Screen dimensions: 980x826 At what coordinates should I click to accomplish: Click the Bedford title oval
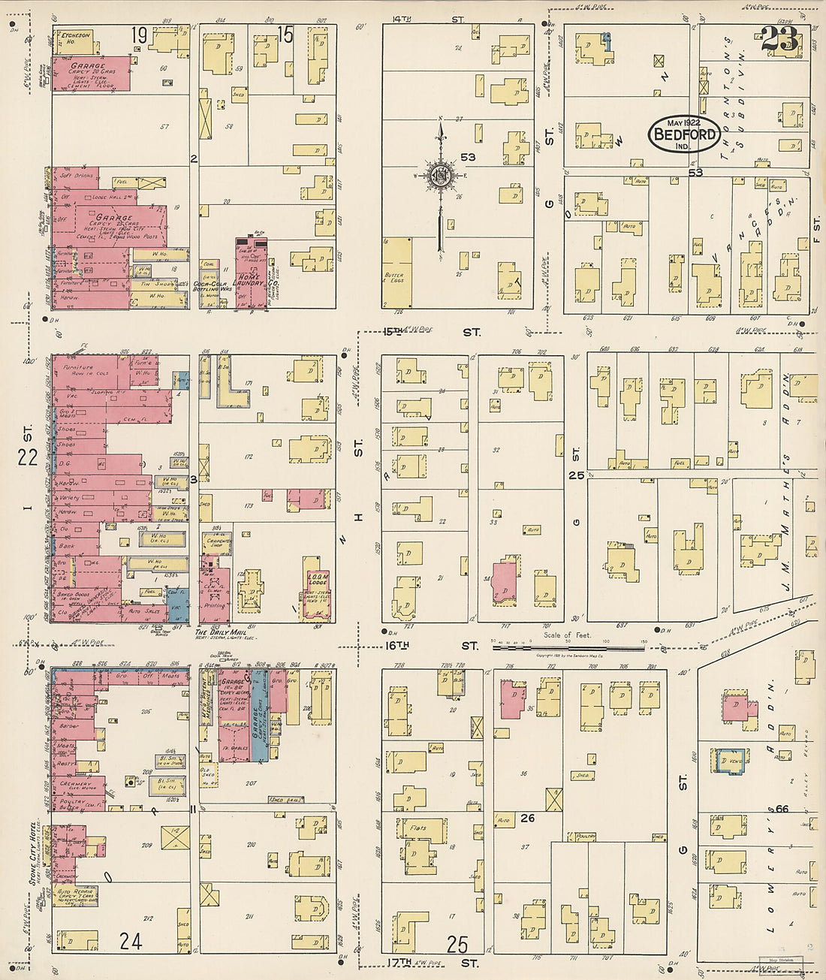[684, 134]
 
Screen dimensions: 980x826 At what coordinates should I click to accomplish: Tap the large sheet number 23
[780, 39]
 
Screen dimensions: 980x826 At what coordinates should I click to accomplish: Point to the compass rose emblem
[439, 176]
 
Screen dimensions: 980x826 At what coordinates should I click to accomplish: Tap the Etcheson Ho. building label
[75, 38]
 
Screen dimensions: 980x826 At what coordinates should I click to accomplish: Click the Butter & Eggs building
[396, 273]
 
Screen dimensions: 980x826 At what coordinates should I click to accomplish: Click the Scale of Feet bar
[568, 646]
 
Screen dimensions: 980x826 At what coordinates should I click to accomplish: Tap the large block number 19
[137, 35]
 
